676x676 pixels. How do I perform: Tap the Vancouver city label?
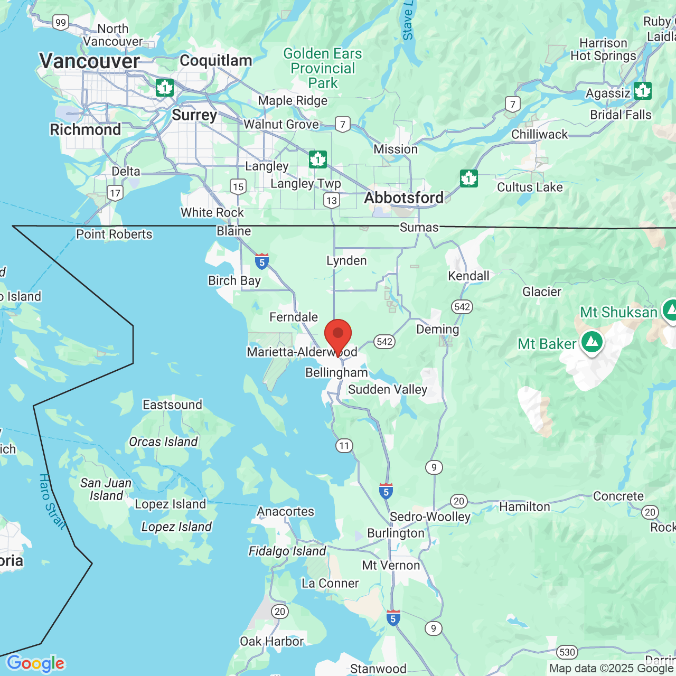pos(90,61)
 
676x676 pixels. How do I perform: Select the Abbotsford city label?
pos(404,198)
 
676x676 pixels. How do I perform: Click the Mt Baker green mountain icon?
pos(592,342)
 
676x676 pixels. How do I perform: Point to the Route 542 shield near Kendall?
pos(462,307)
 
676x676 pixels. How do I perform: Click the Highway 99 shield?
pos(61,22)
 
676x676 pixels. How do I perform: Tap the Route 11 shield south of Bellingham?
pos(344,446)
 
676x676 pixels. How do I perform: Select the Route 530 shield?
pos(567,652)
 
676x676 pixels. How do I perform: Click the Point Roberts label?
pos(114,234)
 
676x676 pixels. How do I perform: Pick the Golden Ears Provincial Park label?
pos(323,68)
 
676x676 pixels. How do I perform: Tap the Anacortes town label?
pos(285,511)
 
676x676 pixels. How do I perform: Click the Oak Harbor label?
pos(271,641)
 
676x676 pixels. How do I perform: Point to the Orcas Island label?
pos(163,442)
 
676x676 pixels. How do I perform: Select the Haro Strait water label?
pos(52,502)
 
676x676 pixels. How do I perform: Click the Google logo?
pos(35,663)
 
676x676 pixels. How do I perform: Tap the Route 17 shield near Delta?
pos(115,193)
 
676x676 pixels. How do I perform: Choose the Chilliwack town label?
pos(539,134)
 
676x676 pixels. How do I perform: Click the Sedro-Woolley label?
pos(430,517)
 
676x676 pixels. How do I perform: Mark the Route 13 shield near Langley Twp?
pos(331,200)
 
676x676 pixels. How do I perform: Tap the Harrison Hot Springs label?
pos(603,49)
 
